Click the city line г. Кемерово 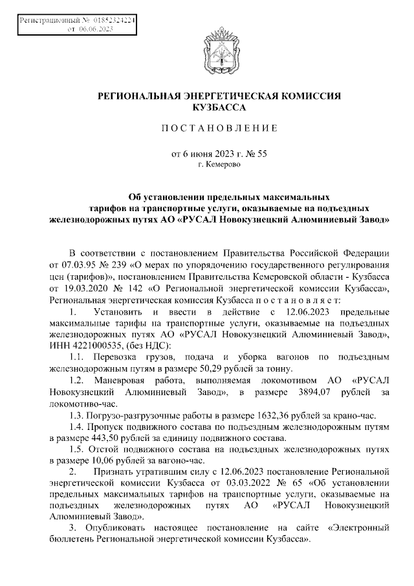point(219,165)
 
